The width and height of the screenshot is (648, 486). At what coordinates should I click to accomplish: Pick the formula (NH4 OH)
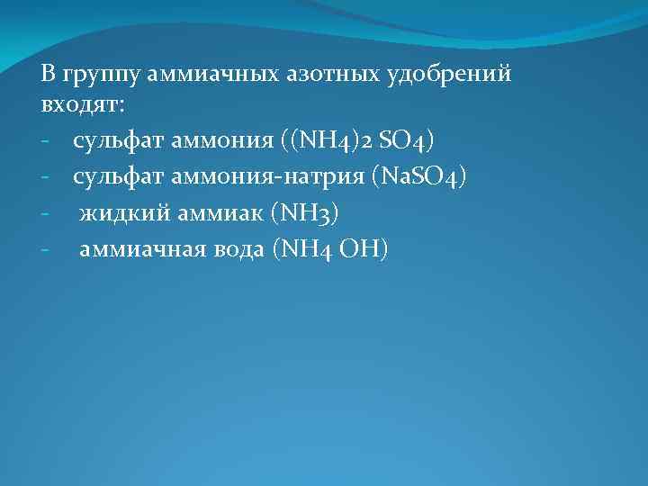coord(328,249)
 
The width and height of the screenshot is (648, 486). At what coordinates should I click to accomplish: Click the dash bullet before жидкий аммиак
coord(45,214)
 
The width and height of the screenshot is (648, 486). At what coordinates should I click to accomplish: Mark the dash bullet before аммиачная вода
coord(45,250)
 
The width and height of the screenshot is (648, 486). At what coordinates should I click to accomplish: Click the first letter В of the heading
coord(47,74)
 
